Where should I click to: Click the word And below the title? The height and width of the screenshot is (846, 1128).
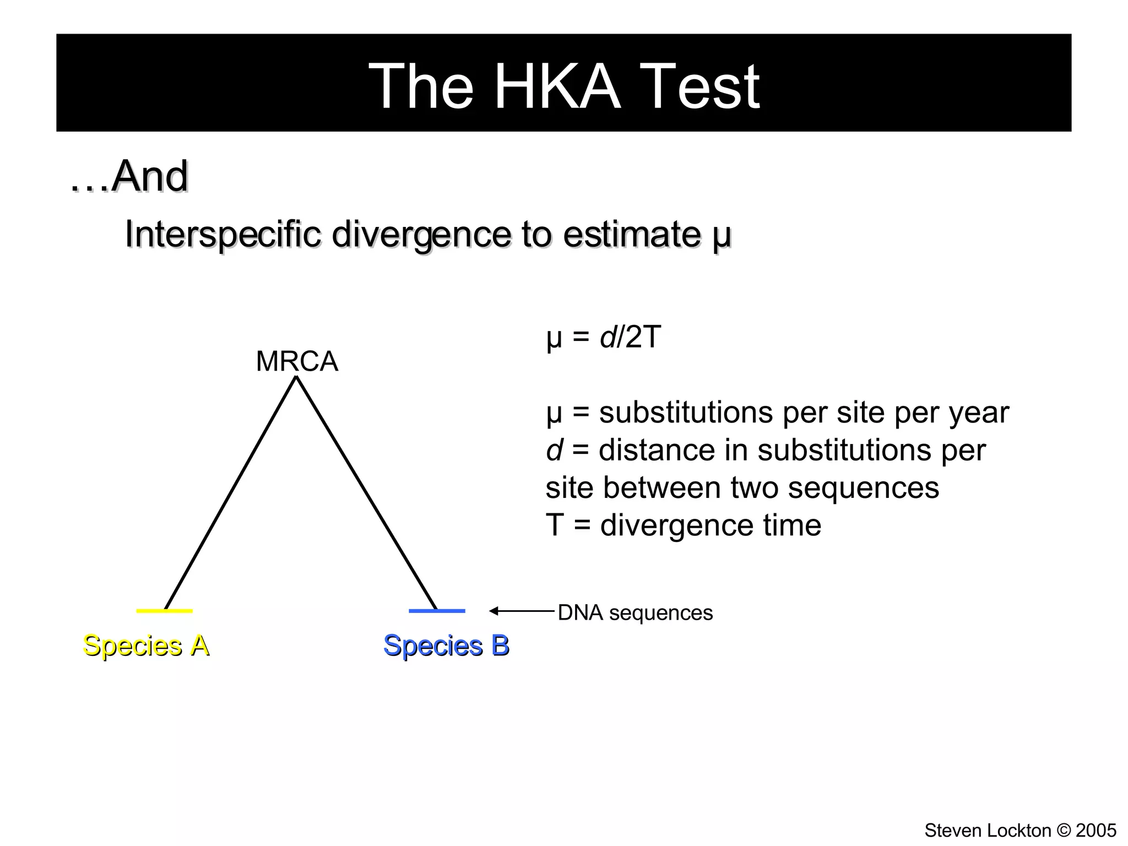150,176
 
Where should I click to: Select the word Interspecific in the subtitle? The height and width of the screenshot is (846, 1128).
223,234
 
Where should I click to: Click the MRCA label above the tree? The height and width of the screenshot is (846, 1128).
297,362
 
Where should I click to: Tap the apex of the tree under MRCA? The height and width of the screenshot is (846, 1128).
296,377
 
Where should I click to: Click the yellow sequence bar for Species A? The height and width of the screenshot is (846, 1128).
164,611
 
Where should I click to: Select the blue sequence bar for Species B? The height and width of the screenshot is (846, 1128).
437,611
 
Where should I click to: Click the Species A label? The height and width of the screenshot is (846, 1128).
146,646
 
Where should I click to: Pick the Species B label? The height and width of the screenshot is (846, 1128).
446,646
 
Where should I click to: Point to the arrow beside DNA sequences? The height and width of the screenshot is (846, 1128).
521,611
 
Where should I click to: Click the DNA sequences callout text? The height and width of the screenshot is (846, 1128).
635,613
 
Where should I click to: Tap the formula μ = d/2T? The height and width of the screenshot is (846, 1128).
603,337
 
